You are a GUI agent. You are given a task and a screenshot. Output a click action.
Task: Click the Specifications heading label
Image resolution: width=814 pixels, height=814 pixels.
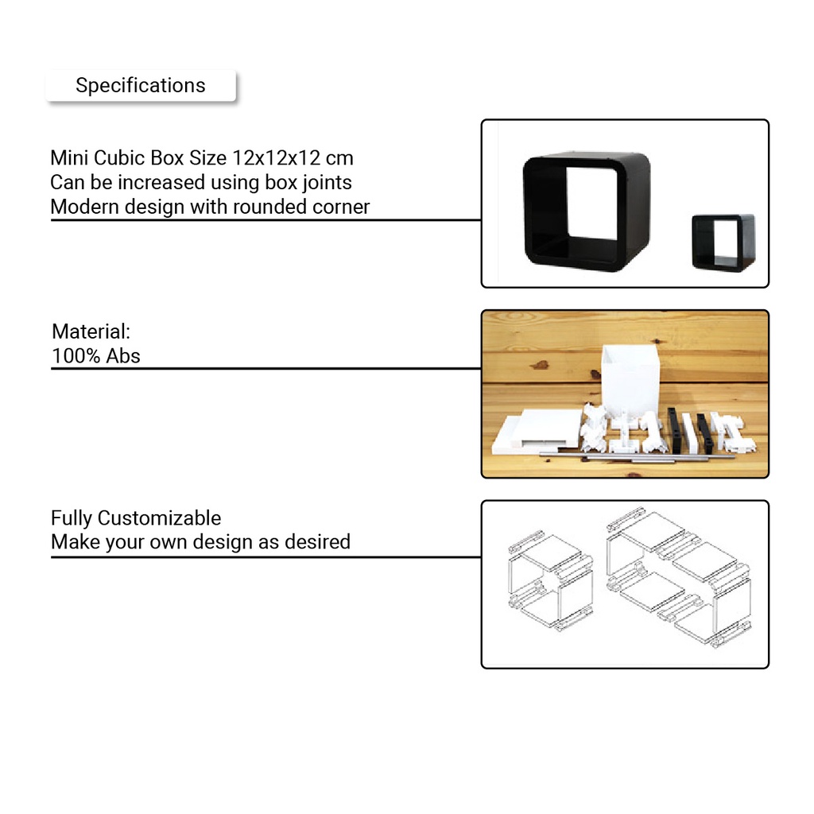pyautogui.click(x=141, y=85)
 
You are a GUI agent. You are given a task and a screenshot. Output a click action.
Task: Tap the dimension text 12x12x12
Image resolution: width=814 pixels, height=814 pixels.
pyautogui.click(x=276, y=158)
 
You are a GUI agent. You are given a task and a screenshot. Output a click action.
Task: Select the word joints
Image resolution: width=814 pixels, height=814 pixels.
pyautogui.click(x=327, y=182)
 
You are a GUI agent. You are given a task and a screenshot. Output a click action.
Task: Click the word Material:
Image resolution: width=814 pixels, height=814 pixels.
pyautogui.click(x=91, y=331)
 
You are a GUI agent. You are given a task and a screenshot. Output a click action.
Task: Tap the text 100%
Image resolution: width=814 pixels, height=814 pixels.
pyautogui.click(x=76, y=355)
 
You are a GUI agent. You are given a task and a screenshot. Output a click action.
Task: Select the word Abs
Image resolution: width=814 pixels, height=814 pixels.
pyautogui.click(x=123, y=355)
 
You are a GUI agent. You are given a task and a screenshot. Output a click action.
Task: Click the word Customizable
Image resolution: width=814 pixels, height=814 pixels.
pyautogui.click(x=159, y=518)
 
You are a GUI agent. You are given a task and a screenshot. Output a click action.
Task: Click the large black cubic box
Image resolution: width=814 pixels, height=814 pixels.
pyautogui.click(x=587, y=211)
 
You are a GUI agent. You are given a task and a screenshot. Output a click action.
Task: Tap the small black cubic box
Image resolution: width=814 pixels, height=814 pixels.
pyautogui.click(x=723, y=242)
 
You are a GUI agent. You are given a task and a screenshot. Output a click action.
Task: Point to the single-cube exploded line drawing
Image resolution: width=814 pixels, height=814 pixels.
pyautogui.click(x=551, y=580)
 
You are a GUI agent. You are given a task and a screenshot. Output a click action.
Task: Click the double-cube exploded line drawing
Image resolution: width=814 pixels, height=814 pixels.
pyautogui.click(x=679, y=577)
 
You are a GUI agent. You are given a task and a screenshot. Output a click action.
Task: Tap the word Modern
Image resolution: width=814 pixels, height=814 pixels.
pyautogui.click(x=85, y=207)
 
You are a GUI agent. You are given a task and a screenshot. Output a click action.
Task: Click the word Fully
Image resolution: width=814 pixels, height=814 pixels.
pyautogui.click(x=72, y=518)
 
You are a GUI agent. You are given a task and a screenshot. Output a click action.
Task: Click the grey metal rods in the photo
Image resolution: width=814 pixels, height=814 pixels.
pyautogui.click(x=636, y=457)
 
